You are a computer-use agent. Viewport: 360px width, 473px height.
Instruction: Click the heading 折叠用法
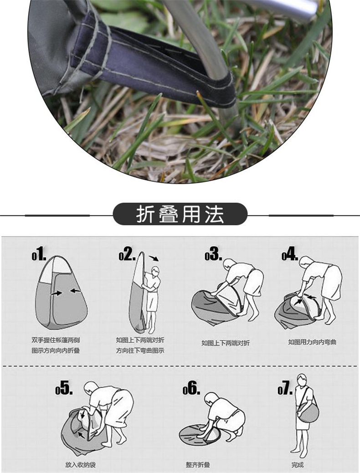coord(180,214)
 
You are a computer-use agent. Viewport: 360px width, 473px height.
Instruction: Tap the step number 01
coord(39,254)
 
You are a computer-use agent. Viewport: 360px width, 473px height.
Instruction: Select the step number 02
coord(127,254)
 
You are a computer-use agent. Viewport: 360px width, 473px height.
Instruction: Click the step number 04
coord(290,254)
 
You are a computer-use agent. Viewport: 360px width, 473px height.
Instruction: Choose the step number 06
coord(191,387)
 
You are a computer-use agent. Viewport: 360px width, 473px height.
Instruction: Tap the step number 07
coord(285,387)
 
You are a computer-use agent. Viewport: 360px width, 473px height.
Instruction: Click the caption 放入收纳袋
coord(80,464)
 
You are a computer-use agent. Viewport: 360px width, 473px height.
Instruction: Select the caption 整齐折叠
coord(198,464)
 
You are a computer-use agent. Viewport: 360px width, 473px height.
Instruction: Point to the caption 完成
coord(298,464)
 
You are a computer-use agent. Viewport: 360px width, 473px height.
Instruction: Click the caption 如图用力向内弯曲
coord(312,342)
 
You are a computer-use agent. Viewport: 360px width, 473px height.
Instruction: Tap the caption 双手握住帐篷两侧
coord(56,340)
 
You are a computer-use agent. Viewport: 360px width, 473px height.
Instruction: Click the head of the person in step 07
coord(301,380)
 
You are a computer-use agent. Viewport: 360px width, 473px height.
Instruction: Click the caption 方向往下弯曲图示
coord(140,351)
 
